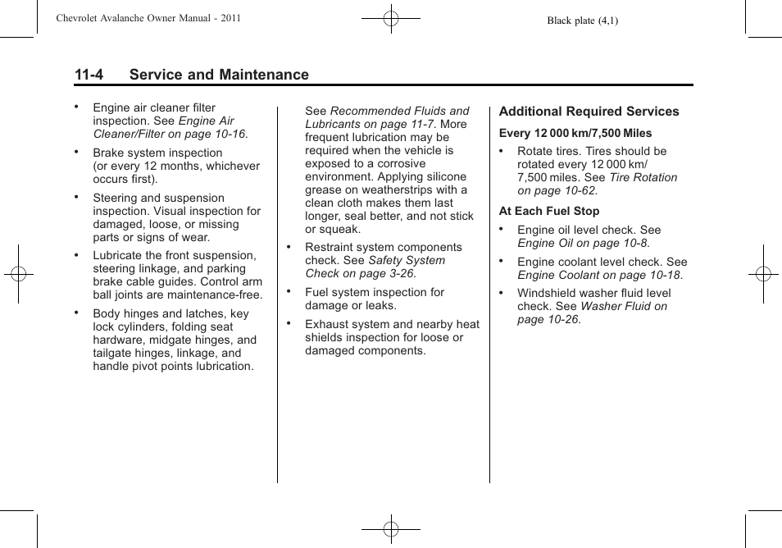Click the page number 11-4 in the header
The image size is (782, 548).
click(x=89, y=75)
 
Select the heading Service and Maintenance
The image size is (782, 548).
click(x=219, y=75)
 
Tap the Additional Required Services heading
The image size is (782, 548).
click(x=589, y=112)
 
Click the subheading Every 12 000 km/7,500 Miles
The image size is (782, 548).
click(x=575, y=133)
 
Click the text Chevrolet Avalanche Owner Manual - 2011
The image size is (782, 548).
click(x=148, y=18)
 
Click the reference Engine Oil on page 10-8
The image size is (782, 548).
click(x=582, y=243)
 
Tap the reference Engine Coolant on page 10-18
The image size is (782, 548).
click(x=599, y=275)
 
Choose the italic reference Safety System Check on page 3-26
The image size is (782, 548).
click(x=375, y=267)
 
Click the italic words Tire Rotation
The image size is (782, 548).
click(x=643, y=177)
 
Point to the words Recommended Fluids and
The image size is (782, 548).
click(x=399, y=111)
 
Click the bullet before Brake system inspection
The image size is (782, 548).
click(x=76, y=152)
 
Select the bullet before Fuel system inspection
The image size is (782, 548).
click(x=289, y=291)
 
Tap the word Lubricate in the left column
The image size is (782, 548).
click(x=119, y=255)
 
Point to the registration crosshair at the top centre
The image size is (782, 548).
click(x=391, y=17)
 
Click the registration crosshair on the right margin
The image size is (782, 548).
click(x=762, y=274)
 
